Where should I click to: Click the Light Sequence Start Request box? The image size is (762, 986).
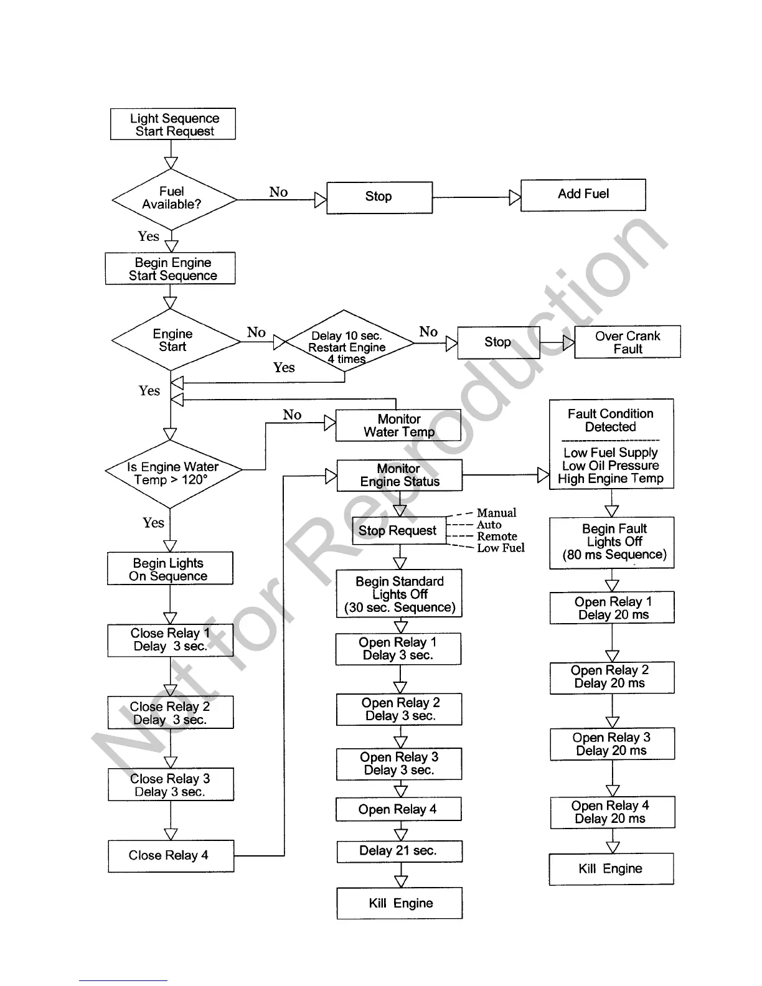pyautogui.click(x=172, y=124)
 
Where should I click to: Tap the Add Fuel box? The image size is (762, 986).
pyautogui.click(x=583, y=195)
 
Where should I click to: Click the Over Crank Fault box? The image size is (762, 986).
pyautogui.click(x=627, y=342)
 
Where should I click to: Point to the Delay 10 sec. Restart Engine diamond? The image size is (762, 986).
pyautogui.click(x=346, y=342)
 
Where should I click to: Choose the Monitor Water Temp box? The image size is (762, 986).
pyautogui.click(x=398, y=426)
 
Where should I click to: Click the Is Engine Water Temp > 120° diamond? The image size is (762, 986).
pyautogui.click(x=172, y=474)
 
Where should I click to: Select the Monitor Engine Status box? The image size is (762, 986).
pyautogui.click(x=399, y=476)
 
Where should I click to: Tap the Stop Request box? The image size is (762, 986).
pyautogui.click(x=398, y=531)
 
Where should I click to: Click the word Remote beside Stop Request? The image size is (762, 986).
pyautogui.click(x=497, y=536)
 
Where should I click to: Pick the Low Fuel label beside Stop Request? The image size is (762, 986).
pyautogui.click(x=501, y=548)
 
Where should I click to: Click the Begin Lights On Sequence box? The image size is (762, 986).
pyautogui.click(x=169, y=569)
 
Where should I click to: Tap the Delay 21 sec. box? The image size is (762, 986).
pyautogui.click(x=399, y=851)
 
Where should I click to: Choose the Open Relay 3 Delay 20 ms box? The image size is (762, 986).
pyautogui.click(x=612, y=744)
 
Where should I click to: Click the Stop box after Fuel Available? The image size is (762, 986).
pyautogui.click(x=379, y=197)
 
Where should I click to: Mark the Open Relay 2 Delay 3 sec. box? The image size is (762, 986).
pyautogui.click(x=399, y=710)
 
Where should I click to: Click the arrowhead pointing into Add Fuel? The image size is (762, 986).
pyautogui.click(x=515, y=198)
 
